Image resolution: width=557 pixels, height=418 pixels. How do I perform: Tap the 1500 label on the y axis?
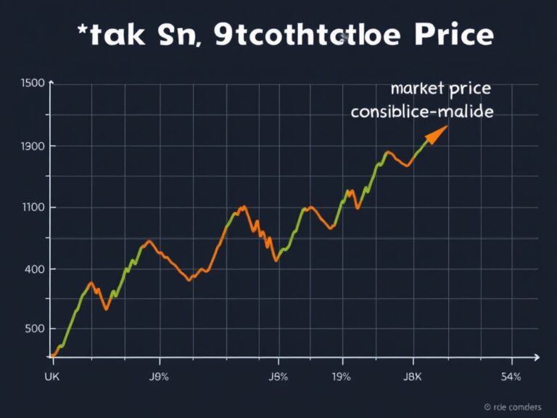(33, 83)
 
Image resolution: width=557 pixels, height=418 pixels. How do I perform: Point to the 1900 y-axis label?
(33, 146)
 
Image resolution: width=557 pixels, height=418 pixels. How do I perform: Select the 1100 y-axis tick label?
(33, 208)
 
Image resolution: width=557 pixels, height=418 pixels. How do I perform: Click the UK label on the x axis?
(52, 377)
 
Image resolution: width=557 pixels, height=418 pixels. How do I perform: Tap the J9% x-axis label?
(159, 377)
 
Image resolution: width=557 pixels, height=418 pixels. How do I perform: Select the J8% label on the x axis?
(278, 377)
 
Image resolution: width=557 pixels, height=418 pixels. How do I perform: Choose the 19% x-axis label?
(341, 377)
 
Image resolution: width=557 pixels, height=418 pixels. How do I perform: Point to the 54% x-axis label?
(511, 377)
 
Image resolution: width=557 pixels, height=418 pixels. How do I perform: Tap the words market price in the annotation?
(440, 89)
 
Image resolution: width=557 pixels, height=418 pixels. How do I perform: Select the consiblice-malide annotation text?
(421, 112)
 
